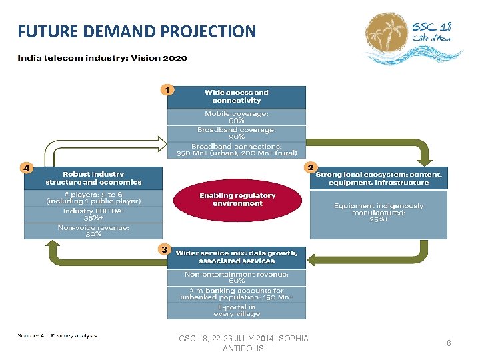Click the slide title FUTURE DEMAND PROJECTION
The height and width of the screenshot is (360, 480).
137,31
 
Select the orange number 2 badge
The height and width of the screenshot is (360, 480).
310,167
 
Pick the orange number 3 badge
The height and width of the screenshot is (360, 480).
164,250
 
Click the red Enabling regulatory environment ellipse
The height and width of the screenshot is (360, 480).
237,199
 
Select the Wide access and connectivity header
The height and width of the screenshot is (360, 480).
237,97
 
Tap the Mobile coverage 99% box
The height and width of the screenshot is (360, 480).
237,117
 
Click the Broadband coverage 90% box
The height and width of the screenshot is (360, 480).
237,133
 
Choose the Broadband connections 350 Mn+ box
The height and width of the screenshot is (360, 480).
237,149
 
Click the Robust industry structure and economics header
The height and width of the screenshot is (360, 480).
93,178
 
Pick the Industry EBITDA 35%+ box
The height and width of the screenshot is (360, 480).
93,214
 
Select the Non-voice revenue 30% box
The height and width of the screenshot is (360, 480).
93,231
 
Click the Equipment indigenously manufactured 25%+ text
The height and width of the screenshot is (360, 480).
379,213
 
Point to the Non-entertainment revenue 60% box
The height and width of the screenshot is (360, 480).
237,277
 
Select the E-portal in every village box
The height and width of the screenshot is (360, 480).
237,311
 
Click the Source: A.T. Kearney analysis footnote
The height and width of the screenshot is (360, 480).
57,335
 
